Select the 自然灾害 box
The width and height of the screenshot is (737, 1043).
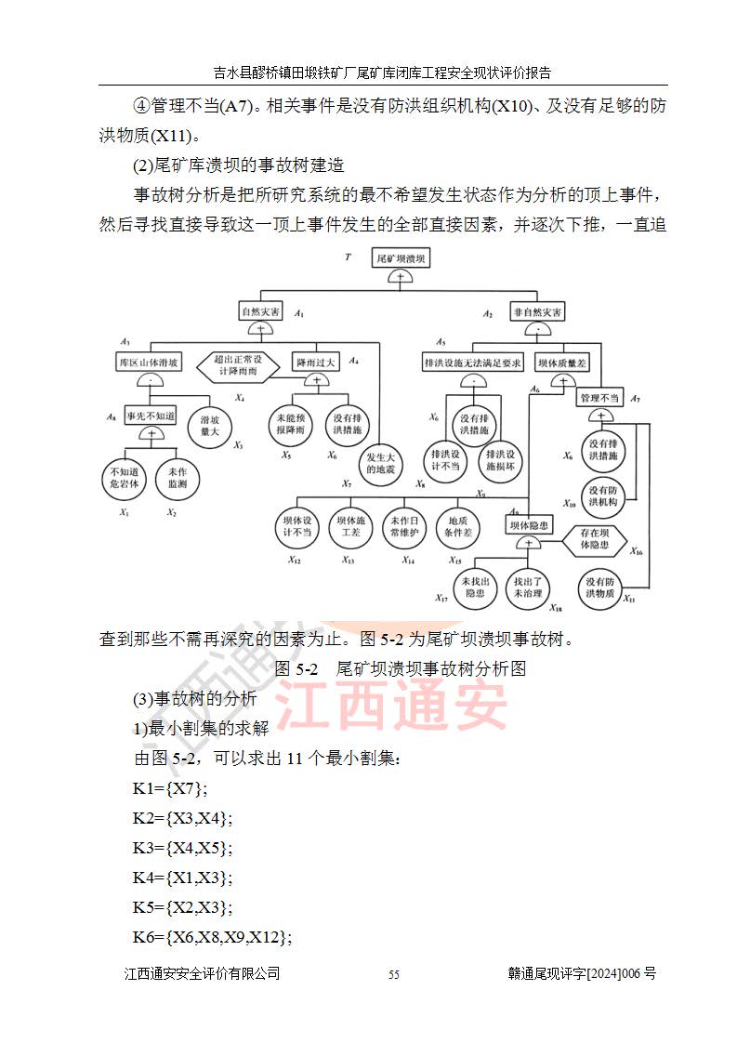coord(261,311)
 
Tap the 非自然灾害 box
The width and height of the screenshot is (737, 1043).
coord(537,311)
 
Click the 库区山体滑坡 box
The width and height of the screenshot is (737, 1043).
coord(148,361)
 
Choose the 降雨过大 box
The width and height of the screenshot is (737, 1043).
coord(316,361)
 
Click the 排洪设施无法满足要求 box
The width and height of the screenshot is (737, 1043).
coord(472,361)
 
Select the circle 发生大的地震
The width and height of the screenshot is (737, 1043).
coord(382,463)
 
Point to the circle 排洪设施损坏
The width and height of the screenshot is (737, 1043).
coord(501,460)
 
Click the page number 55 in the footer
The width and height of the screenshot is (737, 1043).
coord(394,974)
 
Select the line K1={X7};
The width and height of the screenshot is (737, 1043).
coord(171,788)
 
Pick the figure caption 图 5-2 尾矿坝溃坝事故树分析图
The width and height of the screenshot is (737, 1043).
coord(401,669)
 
